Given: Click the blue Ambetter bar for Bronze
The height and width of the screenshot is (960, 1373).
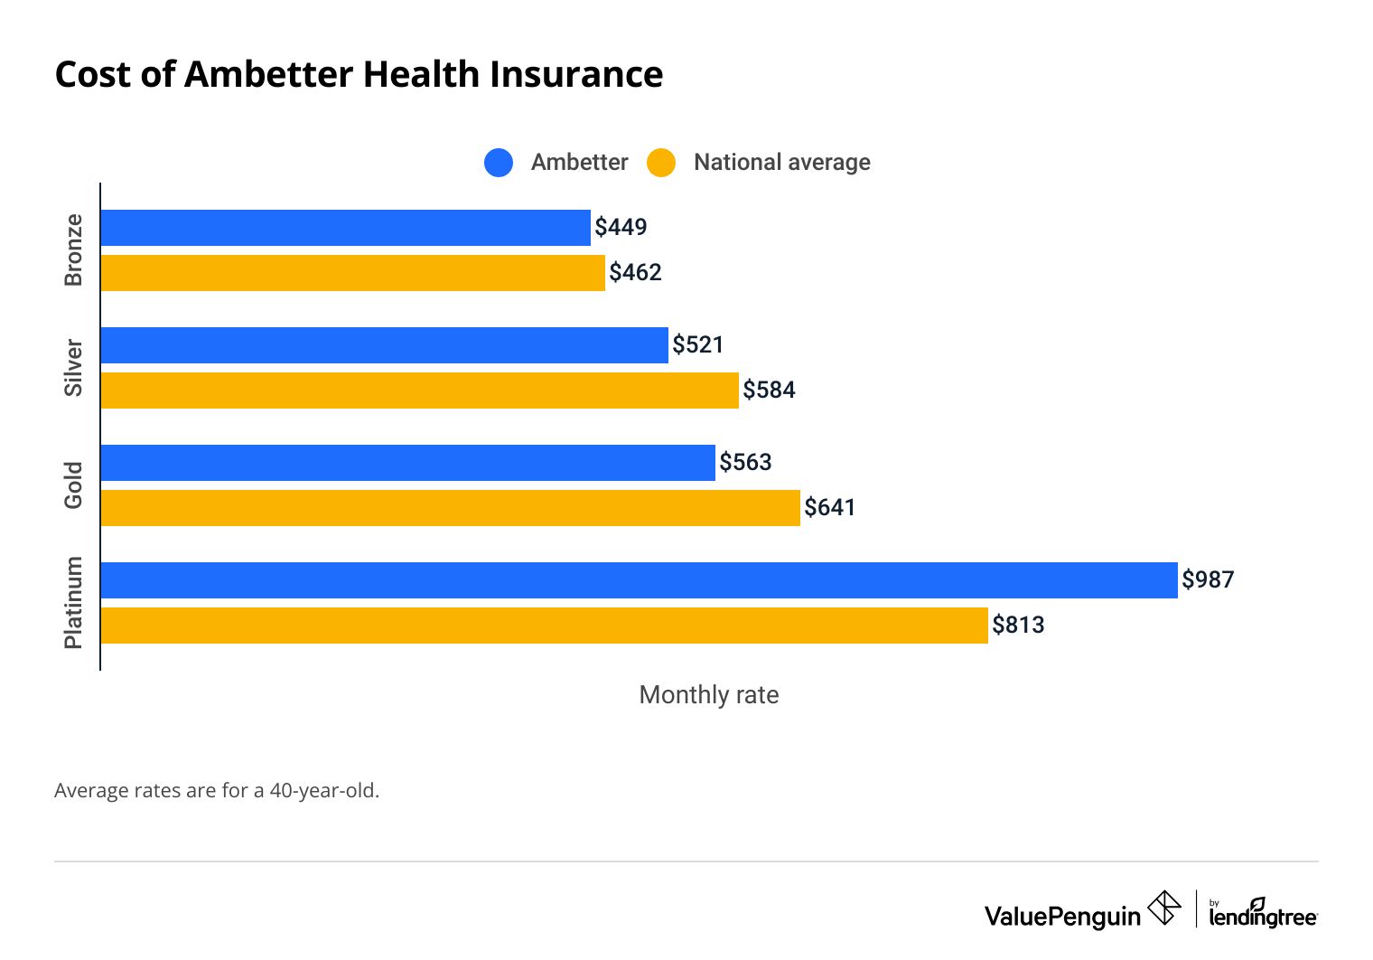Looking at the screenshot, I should [x=345, y=228].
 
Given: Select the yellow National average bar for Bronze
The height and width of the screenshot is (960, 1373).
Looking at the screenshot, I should [x=352, y=273].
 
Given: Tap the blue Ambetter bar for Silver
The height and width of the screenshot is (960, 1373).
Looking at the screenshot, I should [x=384, y=345].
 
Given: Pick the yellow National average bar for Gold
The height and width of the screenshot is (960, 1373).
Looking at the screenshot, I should [x=450, y=508].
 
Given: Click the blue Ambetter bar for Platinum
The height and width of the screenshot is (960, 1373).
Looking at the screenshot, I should [x=639, y=580].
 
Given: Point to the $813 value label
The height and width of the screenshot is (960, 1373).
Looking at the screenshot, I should [x=1018, y=625].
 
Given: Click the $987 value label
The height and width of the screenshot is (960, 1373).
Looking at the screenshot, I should [x=1208, y=579].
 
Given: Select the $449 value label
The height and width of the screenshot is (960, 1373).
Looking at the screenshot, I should [x=621, y=227].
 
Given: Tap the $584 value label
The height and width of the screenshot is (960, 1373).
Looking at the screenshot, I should [x=769, y=390].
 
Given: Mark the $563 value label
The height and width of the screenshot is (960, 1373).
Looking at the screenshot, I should [x=745, y=462].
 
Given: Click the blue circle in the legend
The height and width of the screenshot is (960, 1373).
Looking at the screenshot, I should [x=499, y=163].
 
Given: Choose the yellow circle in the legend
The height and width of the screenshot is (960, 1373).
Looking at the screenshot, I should [x=661, y=163].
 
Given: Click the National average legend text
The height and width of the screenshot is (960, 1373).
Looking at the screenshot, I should [x=781, y=163].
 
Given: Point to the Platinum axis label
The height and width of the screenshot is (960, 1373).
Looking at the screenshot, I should [x=73, y=602].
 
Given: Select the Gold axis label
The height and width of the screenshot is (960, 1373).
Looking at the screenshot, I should [x=73, y=485].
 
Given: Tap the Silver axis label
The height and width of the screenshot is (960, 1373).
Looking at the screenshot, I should [x=73, y=367].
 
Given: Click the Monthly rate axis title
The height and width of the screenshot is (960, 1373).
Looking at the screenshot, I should [x=708, y=694].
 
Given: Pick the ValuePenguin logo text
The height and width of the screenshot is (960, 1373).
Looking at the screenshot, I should [x=1062, y=916].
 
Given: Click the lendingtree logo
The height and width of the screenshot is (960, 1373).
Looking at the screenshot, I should [x=1262, y=914].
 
